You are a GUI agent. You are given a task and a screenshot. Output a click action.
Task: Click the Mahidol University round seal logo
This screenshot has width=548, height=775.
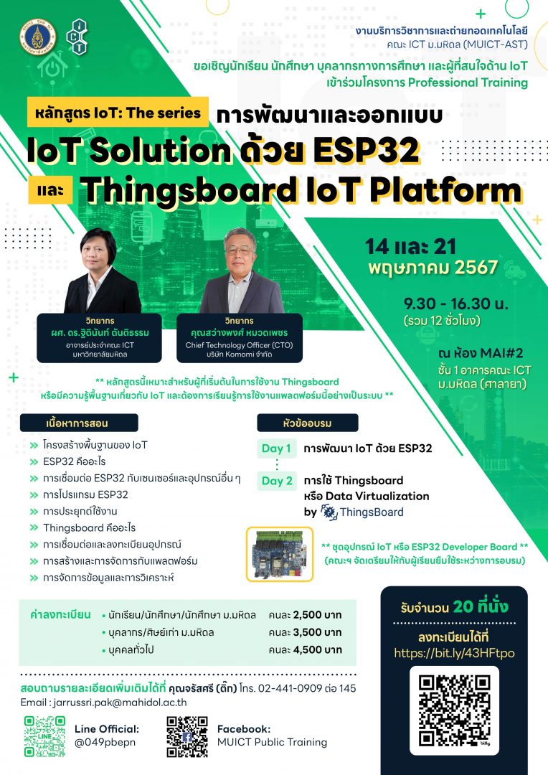click(x=37, y=37)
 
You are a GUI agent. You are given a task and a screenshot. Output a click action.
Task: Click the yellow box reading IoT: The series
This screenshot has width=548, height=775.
click(x=118, y=112)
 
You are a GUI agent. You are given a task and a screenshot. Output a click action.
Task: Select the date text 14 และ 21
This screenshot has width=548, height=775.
click(x=410, y=246)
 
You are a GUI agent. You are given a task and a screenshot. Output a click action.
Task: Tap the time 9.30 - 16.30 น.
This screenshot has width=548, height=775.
click(x=455, y=303)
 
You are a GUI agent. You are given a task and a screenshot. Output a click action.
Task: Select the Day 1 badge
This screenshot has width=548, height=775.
click(x=276, y=448)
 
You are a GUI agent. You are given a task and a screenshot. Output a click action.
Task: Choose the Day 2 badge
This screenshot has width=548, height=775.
click(x=277, y=480)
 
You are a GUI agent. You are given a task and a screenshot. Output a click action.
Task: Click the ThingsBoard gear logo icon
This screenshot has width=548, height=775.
click(x=329, y=512)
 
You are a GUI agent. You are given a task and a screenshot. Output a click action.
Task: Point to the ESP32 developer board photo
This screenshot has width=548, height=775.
click(x=280, y=553)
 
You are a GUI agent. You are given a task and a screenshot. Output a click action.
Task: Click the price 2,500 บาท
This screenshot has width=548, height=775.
click(x=317, y=615)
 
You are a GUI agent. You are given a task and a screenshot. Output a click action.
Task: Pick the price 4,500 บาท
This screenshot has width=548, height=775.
click(x=317, y=649)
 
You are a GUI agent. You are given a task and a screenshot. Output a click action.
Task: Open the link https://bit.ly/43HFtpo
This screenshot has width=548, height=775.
click(x=454, y=653)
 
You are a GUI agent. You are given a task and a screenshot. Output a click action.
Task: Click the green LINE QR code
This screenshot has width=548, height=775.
click(x=44, y=736)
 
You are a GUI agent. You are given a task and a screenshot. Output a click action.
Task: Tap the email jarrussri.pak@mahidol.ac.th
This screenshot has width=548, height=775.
click(x=120, y=703)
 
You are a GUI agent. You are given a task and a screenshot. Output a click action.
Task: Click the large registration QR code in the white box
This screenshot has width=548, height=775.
click(x=454, y=710)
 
